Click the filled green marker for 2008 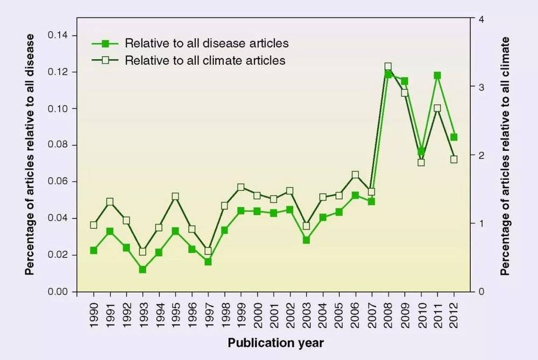tap(387, 74)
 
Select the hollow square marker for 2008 tap(387, 67)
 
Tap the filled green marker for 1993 tap(143, 269)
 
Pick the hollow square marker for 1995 tap(175, 197)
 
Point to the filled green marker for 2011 tap(437, 76)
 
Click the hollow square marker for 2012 tap(454, 159)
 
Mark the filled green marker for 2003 tap(306, 240)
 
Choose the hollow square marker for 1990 tap(94, 225)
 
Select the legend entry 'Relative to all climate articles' tap(205, 60)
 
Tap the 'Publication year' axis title tap(275, 343)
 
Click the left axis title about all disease tap(30, 155)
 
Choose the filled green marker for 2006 tap(355, 196)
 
